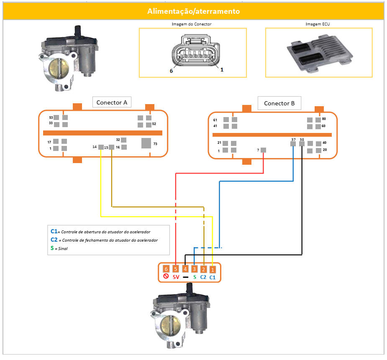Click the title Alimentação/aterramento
(193, 11)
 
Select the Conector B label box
(279, 103)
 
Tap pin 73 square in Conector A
(146, 143)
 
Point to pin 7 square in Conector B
(263, 150)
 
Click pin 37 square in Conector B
(293, 144)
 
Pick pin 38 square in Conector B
(302, 144)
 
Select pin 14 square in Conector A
(101, 147)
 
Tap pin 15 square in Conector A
(111, 147)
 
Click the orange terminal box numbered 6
(166, 270)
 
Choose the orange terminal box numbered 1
(213, 270)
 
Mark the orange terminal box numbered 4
(185, 270)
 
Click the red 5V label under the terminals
(176, 277)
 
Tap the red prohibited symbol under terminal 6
(166, 277)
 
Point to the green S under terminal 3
(195, 277)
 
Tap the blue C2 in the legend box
(54, 240)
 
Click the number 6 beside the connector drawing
(171, 71)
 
